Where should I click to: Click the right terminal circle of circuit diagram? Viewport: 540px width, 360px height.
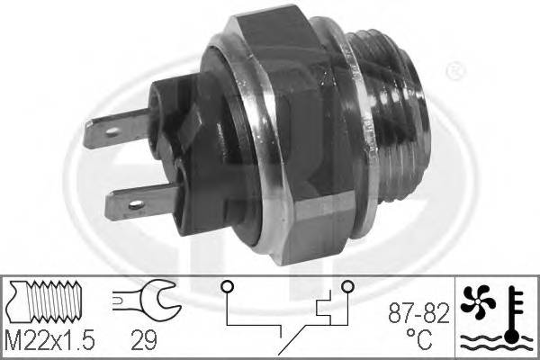[x=346, y=287]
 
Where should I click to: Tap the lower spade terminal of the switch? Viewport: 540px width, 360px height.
[x=135, y=199]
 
